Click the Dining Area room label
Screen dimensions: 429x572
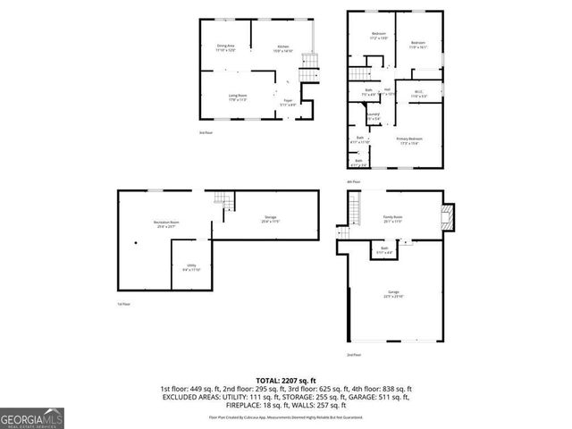tap(225, 48)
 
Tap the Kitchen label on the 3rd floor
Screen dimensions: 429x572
tap(282, 48)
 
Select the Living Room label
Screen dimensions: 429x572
tap(237, 97)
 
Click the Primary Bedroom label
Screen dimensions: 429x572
tap(410, 140)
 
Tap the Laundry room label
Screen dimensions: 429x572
tap(374, 115)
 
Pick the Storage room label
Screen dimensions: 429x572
tap(270, 219)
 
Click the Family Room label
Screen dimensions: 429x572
tap(392, 218)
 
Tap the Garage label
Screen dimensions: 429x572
tap(393, 294)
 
